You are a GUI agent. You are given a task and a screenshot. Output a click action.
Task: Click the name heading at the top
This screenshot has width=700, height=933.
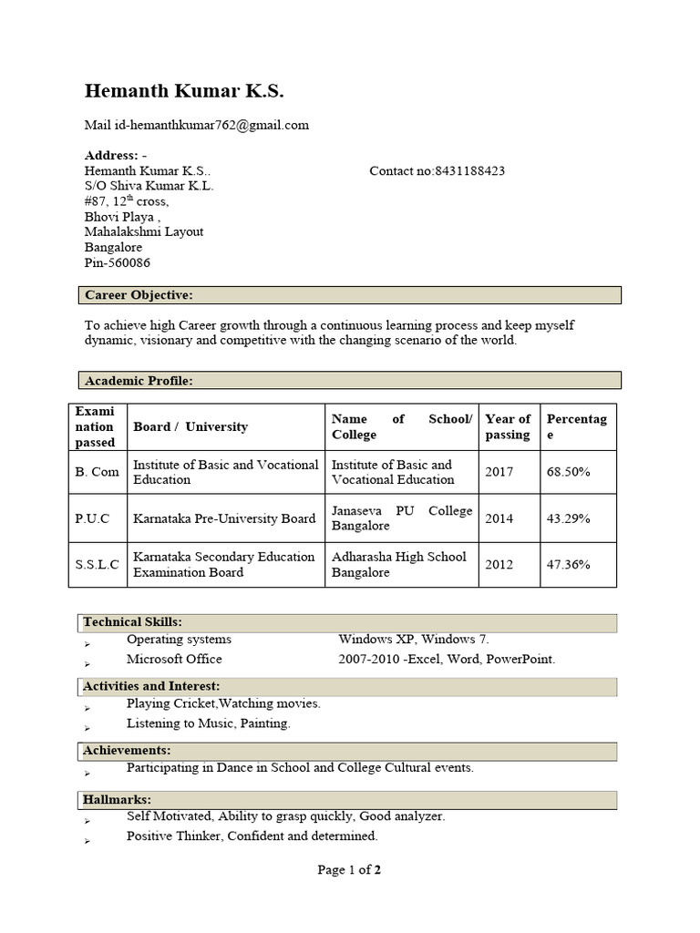tap(184, 91)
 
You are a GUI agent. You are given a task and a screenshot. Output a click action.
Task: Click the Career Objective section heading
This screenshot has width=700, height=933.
tap(139, 295)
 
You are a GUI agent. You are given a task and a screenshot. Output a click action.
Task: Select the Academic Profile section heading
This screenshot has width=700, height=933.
tap(139, 380)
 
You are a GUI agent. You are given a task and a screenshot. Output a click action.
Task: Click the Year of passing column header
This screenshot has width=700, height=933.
tap(508, 426)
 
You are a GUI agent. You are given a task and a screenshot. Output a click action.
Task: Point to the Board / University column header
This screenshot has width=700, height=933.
tap(190, 426)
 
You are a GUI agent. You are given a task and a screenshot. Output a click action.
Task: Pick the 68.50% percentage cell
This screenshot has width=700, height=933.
tap(568, 472)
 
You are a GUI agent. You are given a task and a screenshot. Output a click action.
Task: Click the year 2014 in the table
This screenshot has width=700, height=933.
tap(499, 518)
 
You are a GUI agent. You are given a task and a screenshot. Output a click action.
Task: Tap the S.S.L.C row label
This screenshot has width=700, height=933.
tap(97, 565)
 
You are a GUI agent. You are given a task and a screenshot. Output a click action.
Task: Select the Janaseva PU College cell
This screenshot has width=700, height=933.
tap(402, 518)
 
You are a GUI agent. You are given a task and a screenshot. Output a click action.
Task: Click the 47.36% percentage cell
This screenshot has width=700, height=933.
tap(568, 565)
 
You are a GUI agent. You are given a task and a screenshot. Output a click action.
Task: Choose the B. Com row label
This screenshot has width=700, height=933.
tap(97, 472)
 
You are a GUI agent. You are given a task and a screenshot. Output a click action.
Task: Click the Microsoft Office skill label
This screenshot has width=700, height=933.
tap(174, 659)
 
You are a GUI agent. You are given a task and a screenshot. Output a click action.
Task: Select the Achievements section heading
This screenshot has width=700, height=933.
tap(127, 750)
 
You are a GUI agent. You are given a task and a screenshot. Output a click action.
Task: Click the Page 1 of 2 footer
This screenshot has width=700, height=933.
tap(349, 870)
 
